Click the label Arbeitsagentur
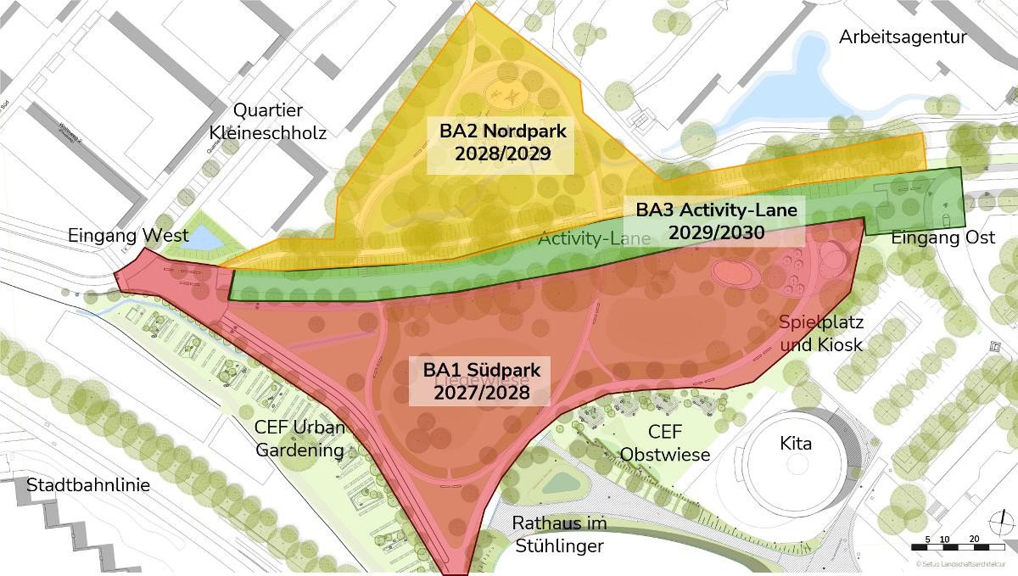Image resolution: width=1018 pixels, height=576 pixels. tap(903, 37)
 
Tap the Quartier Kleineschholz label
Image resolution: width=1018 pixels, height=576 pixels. tap(267, 121)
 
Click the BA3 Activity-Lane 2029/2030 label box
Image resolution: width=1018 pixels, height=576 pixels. tap(717, 221)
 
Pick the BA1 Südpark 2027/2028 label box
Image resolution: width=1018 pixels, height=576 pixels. tap(481, 381)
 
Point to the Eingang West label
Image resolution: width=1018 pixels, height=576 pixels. tap(128, 236)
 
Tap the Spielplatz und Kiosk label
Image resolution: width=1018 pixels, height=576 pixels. tap(820, 333)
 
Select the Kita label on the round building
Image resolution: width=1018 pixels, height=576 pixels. tap(796, 444)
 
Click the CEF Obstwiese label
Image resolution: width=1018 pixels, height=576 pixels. tap(665, 444)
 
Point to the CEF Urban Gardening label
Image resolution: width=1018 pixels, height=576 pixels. tap(300, 438)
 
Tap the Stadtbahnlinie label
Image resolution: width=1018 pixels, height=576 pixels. tap(88, 486)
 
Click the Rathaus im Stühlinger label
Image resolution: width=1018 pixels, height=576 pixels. tap(559, 534)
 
